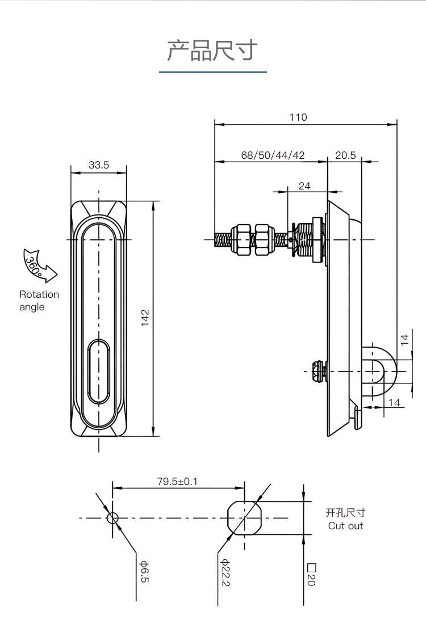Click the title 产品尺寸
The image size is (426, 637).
[212, 50]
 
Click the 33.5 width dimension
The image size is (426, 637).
[98, 165]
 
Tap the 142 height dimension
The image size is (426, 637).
[145, 318]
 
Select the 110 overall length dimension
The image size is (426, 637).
[298, 117]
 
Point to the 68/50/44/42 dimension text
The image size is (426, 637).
[273, 155]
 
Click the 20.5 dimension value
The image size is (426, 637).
[345, 155]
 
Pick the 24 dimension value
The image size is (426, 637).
[304, 185]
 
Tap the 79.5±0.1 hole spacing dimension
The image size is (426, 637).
[177, 482]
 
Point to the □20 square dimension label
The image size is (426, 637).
[311, 575]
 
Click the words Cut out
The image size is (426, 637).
[345, 526]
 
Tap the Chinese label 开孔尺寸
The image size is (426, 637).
[345, 513]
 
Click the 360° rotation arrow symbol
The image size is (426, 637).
[39, 265]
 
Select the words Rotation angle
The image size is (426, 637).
[39, 301]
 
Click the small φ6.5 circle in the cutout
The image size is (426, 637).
[112, 518]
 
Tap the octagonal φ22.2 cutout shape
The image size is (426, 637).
[244, 517]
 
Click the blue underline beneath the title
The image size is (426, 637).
[212, 72]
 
